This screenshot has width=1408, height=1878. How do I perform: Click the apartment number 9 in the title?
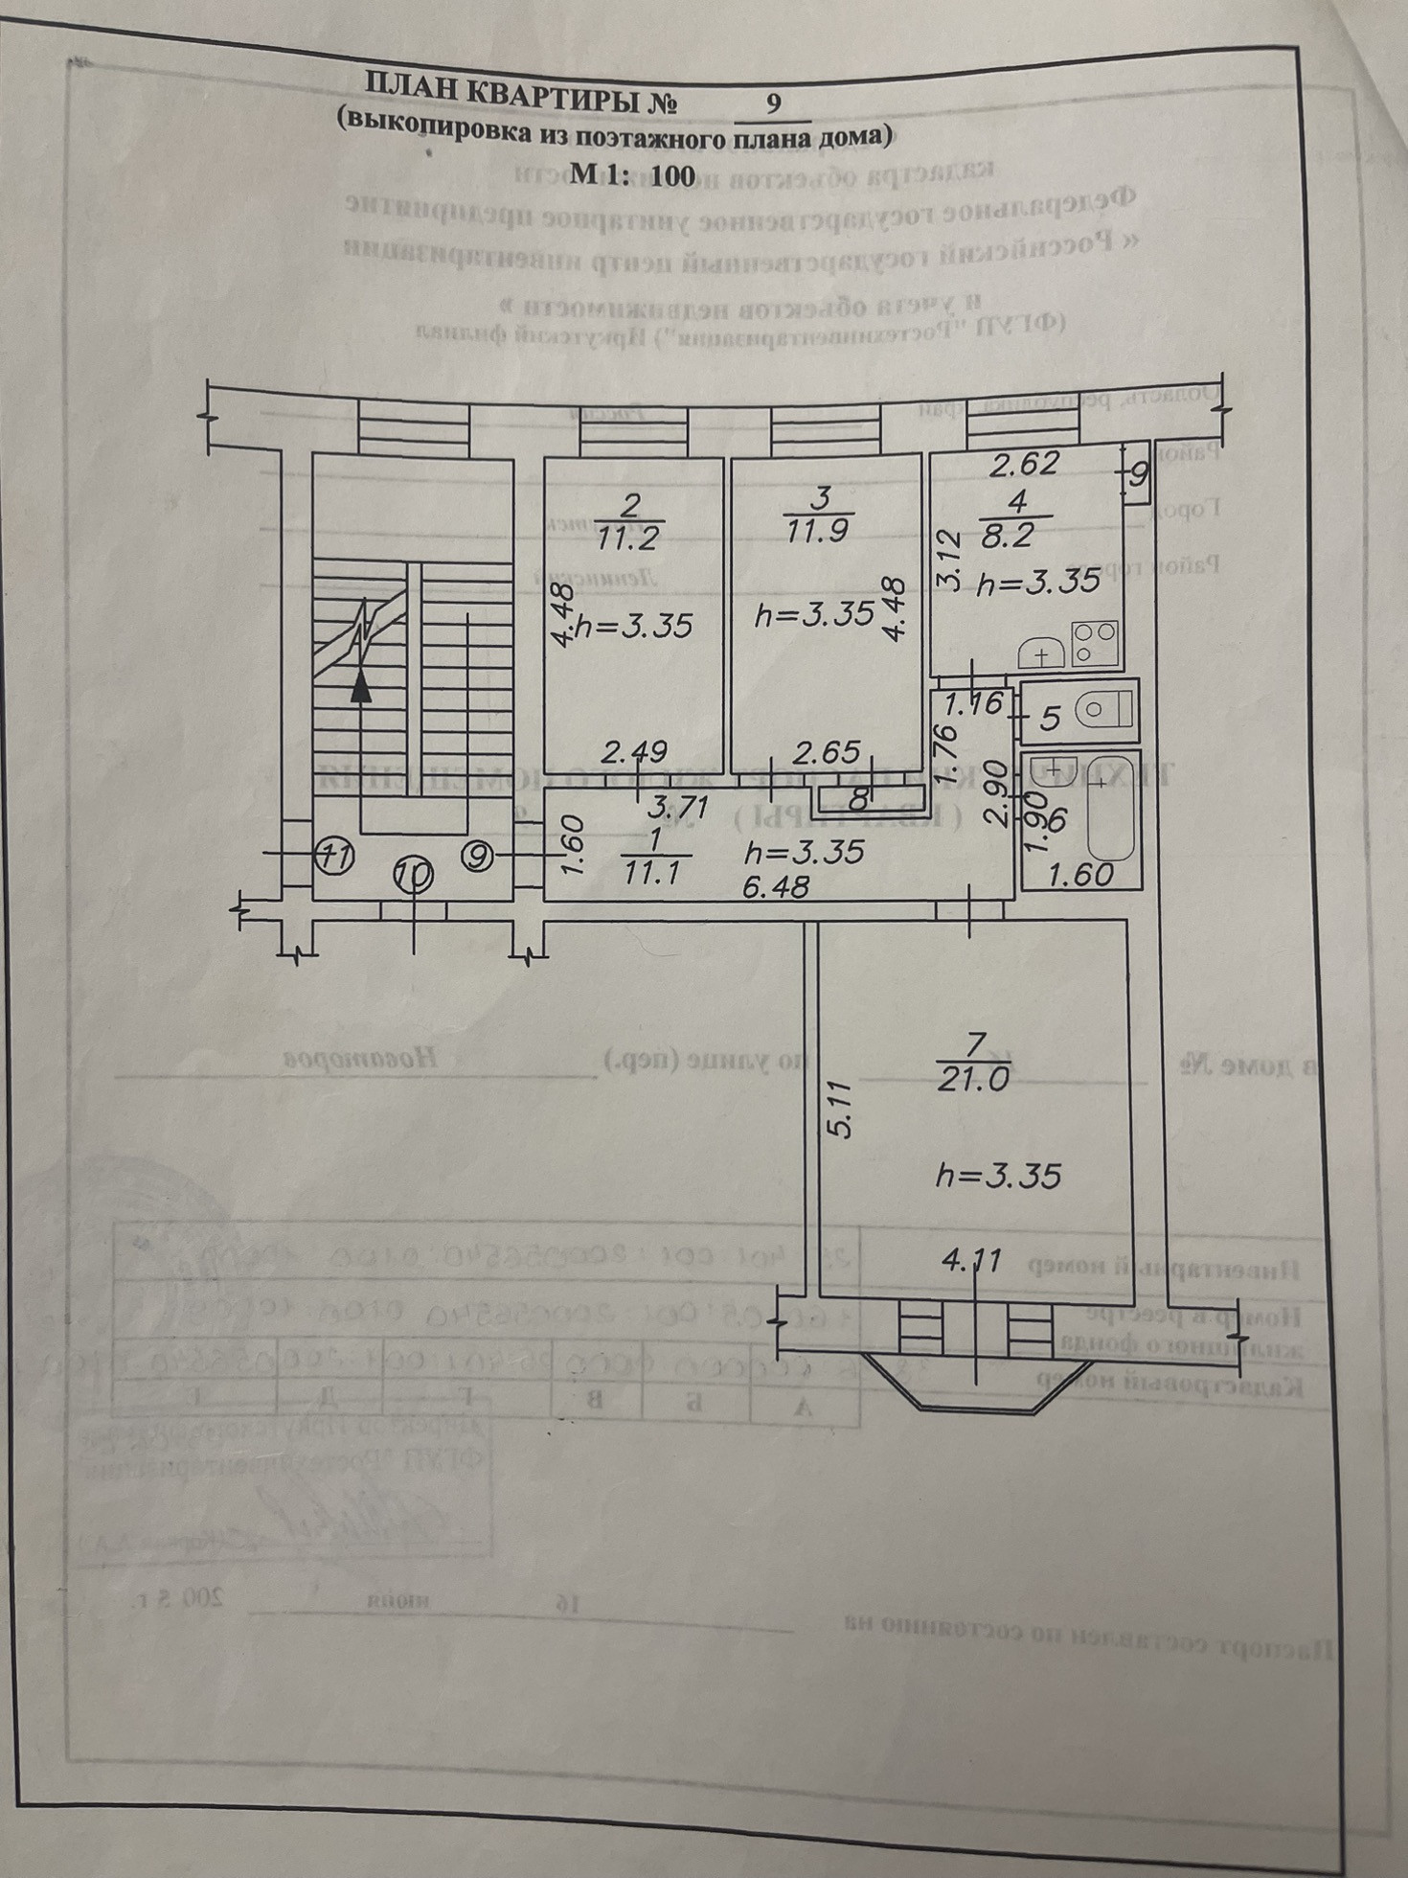773,103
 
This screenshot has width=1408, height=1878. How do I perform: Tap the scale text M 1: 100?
632,174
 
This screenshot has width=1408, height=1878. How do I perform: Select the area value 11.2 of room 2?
627,538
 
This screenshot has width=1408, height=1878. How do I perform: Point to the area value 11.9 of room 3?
815,530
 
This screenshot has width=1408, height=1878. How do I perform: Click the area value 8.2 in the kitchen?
1007,534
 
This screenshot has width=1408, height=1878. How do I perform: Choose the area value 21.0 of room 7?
973,1079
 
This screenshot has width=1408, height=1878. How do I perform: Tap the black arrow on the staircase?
360,686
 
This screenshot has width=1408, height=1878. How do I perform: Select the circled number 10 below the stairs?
413,874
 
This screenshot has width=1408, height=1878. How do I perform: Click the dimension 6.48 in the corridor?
776,888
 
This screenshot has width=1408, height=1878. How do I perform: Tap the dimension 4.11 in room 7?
971,1260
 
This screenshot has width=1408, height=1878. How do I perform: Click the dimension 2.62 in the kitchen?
1024,464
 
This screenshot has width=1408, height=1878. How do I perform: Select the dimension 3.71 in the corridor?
678,807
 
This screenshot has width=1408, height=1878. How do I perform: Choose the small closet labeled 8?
860,795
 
